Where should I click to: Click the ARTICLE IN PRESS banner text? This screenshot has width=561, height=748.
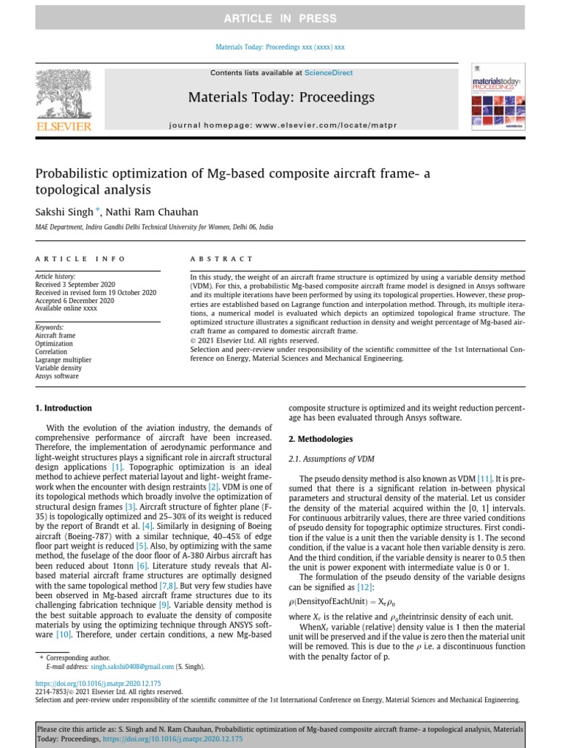[x=280, y=18]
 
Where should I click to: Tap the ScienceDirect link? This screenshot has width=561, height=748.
[x=329, y=73]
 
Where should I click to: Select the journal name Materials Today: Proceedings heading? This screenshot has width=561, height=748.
[x=281, y=97]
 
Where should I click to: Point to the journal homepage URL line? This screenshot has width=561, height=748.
[x=283, y=125]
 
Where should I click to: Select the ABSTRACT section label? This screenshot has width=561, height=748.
[x=221, y=259]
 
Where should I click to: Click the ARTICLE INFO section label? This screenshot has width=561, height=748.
[x=80, y=259]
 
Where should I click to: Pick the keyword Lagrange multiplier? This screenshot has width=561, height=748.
[x=64, y=360]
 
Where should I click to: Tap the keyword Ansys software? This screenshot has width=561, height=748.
[x=57, y=376]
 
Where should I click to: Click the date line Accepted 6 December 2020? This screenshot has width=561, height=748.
[x=75, y=300]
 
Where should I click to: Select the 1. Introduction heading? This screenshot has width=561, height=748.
[x=64, y=408]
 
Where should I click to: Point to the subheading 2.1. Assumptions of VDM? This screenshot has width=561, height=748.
[x=332, y=459]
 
